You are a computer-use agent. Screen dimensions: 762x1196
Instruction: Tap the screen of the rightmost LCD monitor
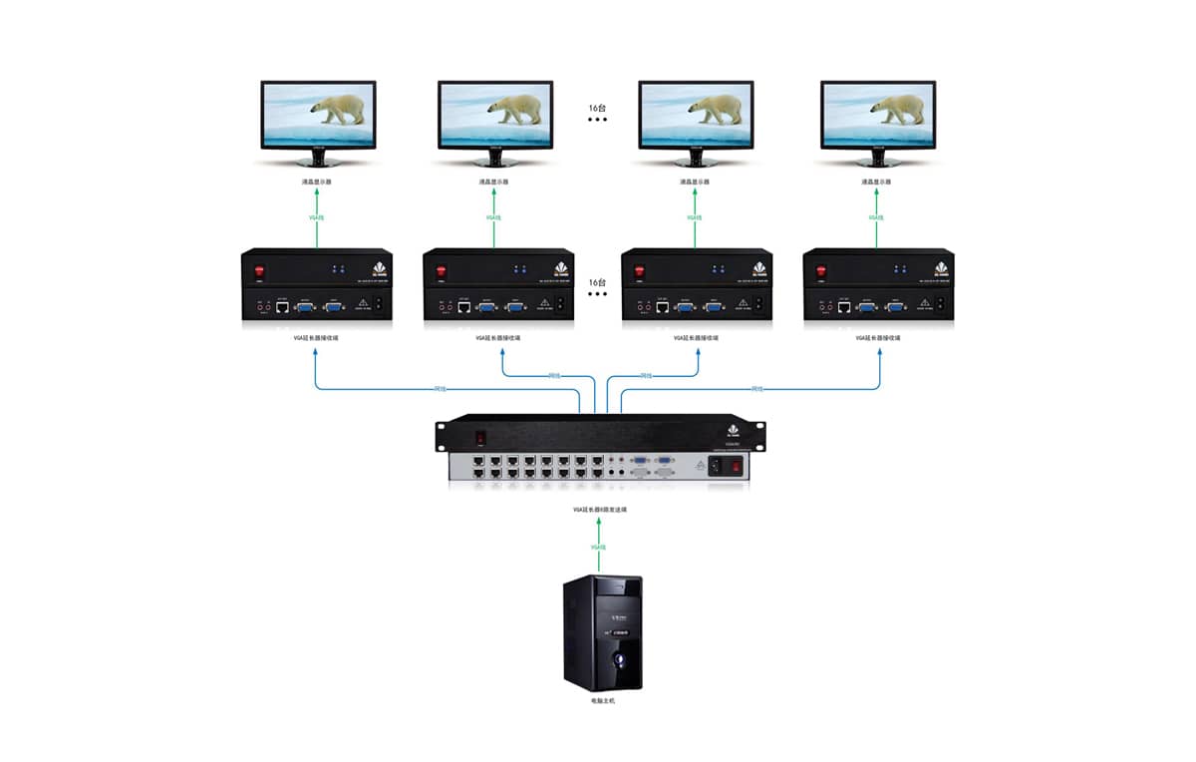pos(878,116)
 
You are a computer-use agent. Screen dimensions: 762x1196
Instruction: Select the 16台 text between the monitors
pos(596,107)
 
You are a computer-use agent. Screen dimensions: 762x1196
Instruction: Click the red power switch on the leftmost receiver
pos(261,270)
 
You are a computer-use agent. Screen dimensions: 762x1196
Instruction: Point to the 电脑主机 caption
pos(603,702)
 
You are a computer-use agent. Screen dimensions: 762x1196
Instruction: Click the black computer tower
pos(602,633)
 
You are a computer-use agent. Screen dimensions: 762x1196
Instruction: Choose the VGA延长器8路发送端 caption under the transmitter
pos(599,509)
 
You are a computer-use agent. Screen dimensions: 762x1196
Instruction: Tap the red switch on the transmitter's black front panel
pos(479,435)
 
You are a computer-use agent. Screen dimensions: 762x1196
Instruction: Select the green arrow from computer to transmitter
pos(599,547)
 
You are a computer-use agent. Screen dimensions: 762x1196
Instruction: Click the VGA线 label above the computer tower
pos(599,548)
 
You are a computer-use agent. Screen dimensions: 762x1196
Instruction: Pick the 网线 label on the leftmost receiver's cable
pos(441,388)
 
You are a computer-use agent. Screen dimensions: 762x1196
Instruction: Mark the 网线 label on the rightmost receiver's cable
pos(756,388)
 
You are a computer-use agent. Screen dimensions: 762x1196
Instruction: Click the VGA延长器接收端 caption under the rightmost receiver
pos(877,338)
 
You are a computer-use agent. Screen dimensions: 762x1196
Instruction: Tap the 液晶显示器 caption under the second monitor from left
pos(495,182)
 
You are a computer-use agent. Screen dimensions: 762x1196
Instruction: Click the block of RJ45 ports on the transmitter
pos(539,468)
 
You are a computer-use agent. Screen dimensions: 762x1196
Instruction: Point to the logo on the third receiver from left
pos(759,268)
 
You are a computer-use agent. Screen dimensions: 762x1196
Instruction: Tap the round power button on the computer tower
pos(619,659)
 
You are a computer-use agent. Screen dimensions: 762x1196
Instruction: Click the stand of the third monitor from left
pos(696,160)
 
